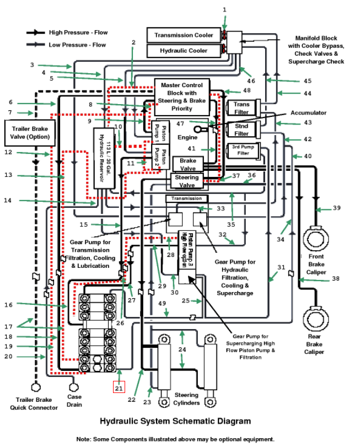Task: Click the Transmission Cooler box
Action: coord(184,35)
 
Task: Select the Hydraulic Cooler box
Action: coord(184,51)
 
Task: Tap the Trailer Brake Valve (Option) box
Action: coord(30,133)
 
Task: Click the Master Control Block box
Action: coord(182,97)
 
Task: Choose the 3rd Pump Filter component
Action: coord(244,150)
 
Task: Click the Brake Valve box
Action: coord(188,164)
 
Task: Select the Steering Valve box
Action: coord(187,181)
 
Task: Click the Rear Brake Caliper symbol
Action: coord(316,319)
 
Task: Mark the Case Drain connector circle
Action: coord(74,387)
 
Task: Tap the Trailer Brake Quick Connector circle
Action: coord(36,387)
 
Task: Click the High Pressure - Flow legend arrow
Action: coord(36,33)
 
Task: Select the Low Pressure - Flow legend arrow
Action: coord(36,45)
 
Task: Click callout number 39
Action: coord(337,208)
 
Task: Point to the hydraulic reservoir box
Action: coord(105,158)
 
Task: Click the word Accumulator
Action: coord(308,113)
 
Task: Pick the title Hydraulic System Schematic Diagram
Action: coord(175,421)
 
